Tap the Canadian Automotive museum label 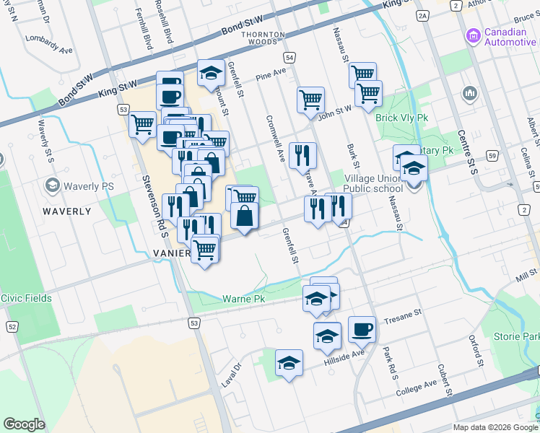pyautogui.click(x=500, y=37)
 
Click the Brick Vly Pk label pyautogui.click(x=402, y=118)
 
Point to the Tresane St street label pyautogui.click(x=401, y=316)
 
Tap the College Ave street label pyautogui.click(x=416, y=385)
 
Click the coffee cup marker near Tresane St pyautogui.click(x=362, y=329)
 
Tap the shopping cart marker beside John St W pyautogui.click(x=310, y=100)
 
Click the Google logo pyautogui.click(x=25, y=424)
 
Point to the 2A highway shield pyautogui.click(x=422, y=14)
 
